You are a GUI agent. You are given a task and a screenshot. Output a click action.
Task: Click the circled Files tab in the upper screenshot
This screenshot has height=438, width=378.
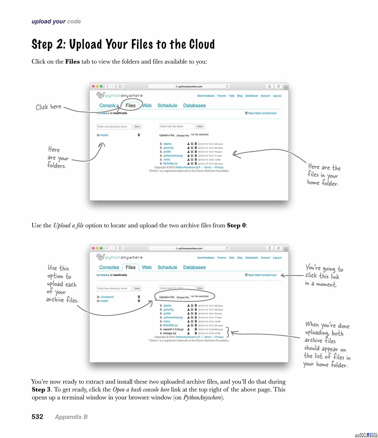point(130,106)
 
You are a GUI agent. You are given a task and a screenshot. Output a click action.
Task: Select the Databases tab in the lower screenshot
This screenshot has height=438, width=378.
point(194,268)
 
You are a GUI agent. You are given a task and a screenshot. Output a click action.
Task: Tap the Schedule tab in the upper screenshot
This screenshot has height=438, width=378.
point(167,106)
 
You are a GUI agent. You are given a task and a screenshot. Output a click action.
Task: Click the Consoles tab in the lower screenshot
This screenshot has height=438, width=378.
point(109,268)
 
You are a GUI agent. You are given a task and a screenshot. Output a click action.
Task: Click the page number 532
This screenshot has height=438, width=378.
point(37,417)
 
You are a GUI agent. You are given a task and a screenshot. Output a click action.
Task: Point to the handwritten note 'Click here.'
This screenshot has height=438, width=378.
point(49,107)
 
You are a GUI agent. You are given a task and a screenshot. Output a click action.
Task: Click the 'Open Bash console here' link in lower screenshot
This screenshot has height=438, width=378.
point(262,275)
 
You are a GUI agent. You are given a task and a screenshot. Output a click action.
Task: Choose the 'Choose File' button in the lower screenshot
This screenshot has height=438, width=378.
point(183,297)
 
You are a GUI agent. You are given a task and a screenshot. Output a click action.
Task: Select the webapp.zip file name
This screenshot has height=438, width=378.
point(169,333)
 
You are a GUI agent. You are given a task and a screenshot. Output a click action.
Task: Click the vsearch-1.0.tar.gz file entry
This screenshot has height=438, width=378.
point(173,329)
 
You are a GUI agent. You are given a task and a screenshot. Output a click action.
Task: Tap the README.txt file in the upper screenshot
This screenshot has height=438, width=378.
point(170,164)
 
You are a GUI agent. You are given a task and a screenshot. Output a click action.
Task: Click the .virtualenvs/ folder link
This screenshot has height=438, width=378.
point(107,297)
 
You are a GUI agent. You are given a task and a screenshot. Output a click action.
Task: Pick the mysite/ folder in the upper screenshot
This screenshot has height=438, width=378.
point(104,135)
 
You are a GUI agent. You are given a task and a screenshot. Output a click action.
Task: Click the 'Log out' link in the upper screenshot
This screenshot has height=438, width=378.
point(277,96)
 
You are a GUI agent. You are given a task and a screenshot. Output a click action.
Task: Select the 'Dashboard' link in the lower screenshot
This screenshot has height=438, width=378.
point(251,258)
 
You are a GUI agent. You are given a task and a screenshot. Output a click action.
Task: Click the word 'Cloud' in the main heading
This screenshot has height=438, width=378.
point(202,44)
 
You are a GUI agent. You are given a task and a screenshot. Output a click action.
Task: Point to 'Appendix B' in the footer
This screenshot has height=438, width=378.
point(71,417)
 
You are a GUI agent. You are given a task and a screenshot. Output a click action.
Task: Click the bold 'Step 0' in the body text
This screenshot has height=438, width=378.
point(236,226)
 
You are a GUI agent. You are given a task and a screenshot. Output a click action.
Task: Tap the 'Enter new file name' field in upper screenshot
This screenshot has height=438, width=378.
point(177,126)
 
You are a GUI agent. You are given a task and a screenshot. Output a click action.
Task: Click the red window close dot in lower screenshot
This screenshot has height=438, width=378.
point(93,248)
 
